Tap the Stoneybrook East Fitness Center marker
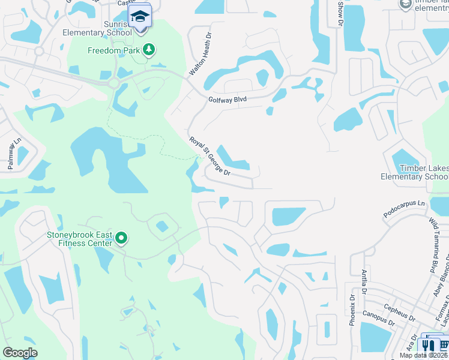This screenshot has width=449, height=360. [x=121, y=238]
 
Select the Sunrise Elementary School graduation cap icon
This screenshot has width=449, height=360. [x=140, y=16]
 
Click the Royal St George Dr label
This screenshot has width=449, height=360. [x=210, y=156]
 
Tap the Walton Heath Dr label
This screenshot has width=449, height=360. [x=201, y=53]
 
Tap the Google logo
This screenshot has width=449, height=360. [x=20, y=353]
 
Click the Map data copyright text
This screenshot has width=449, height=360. [x=424, y=355]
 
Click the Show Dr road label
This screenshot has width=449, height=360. [x=340, y=13]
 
